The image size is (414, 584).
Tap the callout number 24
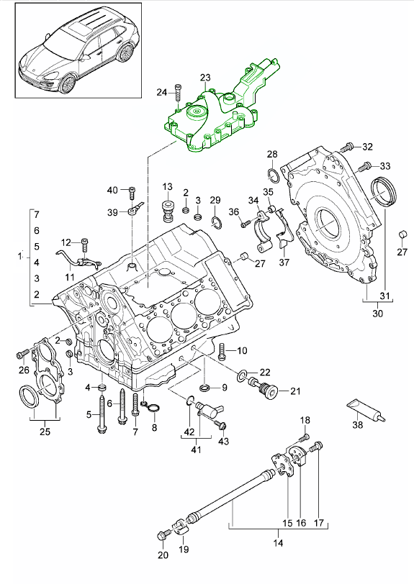point(161,91)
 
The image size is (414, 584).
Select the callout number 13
point(168,186)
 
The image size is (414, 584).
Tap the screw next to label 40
point(132,191)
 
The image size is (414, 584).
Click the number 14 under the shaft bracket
point(277,544)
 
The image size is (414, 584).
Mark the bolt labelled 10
point(222,351)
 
